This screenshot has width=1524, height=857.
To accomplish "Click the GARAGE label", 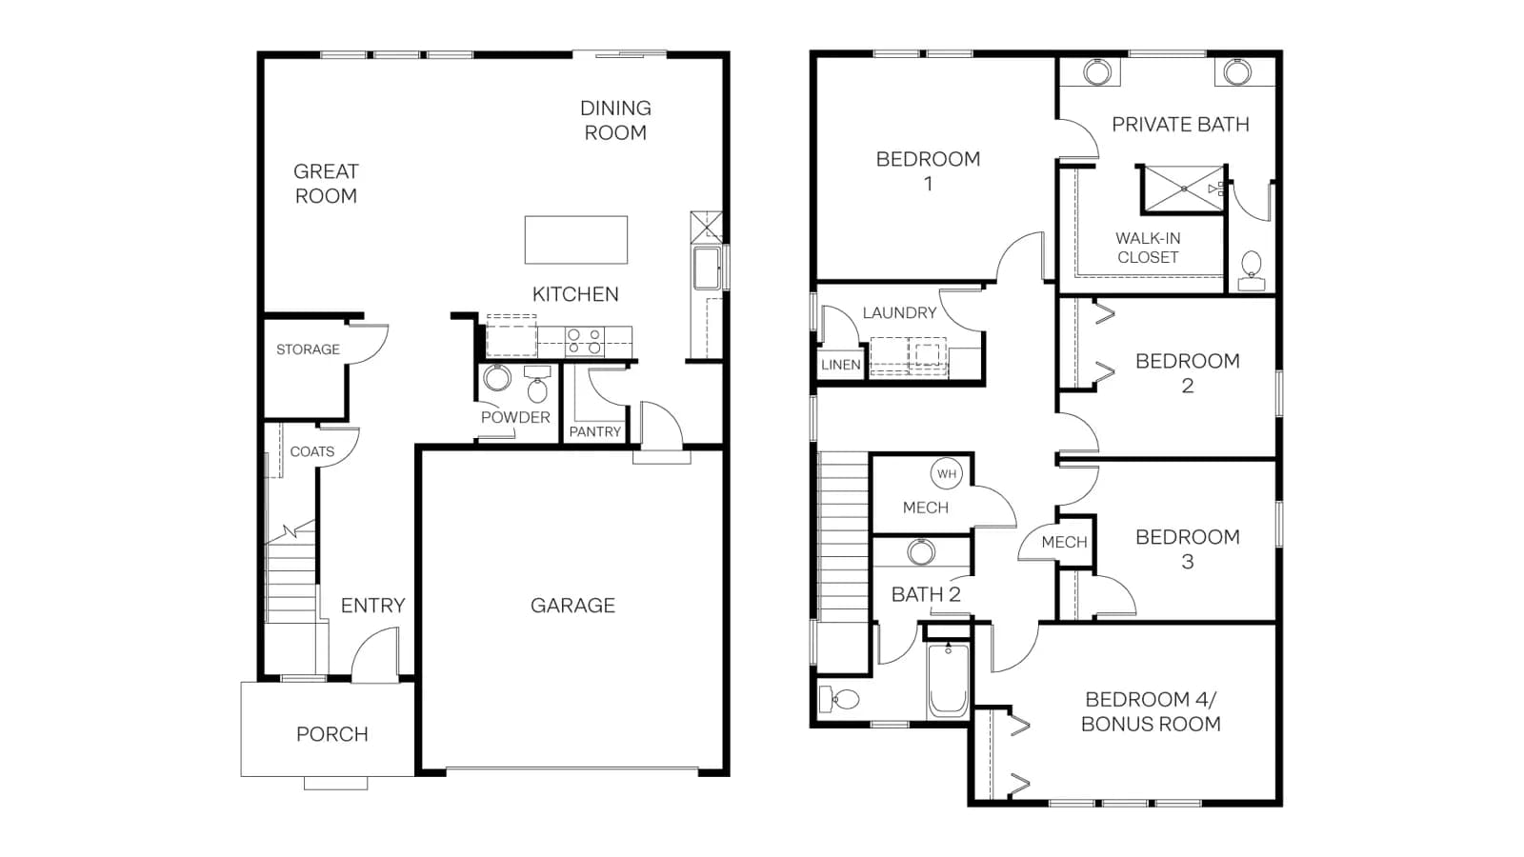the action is [x=572, y=606].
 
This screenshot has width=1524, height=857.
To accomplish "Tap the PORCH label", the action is [x=332, y=734].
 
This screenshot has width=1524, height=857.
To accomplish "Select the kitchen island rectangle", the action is [x=576, y=240].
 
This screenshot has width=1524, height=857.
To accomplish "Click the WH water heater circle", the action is [x=947, y=474].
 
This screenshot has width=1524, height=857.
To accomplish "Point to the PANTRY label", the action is [x=595, y=432].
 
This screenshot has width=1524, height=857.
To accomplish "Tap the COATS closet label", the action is [x=312, y=451].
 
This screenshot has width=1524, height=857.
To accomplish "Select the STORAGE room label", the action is [x=308, y=349].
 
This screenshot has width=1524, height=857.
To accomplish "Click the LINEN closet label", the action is [x=841, y=365].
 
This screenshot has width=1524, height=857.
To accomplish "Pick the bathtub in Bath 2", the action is [x=948, y=679].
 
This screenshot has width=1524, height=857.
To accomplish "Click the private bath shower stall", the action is [x=1184, y=189].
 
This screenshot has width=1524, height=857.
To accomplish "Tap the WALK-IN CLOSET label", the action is [x=1148, y=248].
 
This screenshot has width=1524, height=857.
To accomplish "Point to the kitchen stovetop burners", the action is [x=585, y=342].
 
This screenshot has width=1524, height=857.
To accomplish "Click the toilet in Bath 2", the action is [x=840, y=699].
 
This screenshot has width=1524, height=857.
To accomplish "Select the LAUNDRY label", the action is [x=899, y=313].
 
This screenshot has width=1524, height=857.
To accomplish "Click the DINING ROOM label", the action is [x=615, y=120].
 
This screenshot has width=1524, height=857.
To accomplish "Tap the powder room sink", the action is [x=497, y=378].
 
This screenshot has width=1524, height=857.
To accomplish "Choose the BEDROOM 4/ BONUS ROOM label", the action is [x=1152, y=711].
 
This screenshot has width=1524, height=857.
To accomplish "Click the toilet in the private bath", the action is [x=1252, y=270].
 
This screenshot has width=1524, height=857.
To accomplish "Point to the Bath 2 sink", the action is [x=920, y=551].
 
